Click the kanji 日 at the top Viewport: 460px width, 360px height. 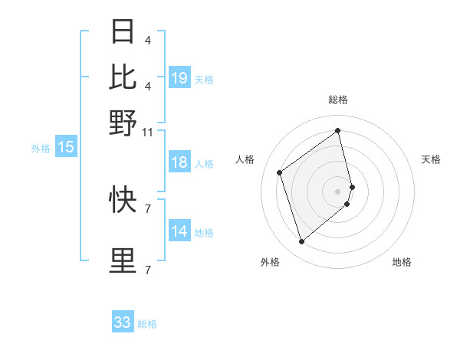tap(123, 33)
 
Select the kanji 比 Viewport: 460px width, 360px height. tap(123, 77)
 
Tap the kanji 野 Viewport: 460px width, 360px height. tap(123, 122)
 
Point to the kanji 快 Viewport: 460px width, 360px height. tap(123, 200)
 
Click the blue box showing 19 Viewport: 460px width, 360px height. tap(179, 78)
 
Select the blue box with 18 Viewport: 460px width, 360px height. tap(179, 162)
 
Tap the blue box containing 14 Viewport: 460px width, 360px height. tap(179, 231)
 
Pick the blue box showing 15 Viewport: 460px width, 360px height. tap(66, 148)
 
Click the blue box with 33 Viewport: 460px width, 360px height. tap(123, 322)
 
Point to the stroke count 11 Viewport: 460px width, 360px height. tap(147, 132)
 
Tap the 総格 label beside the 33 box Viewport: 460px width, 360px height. tap(148, 324)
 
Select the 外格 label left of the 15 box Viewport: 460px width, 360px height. tap(41, 149)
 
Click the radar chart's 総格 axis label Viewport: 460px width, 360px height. tap(338, 100)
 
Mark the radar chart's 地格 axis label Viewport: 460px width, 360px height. tap(402, 263)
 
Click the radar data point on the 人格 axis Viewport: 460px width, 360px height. tap(280, 172)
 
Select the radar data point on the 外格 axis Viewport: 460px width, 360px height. tap(301, 242)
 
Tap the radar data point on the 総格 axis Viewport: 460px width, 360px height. tap(338, 131)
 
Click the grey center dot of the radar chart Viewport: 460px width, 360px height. tap(338, 191)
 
